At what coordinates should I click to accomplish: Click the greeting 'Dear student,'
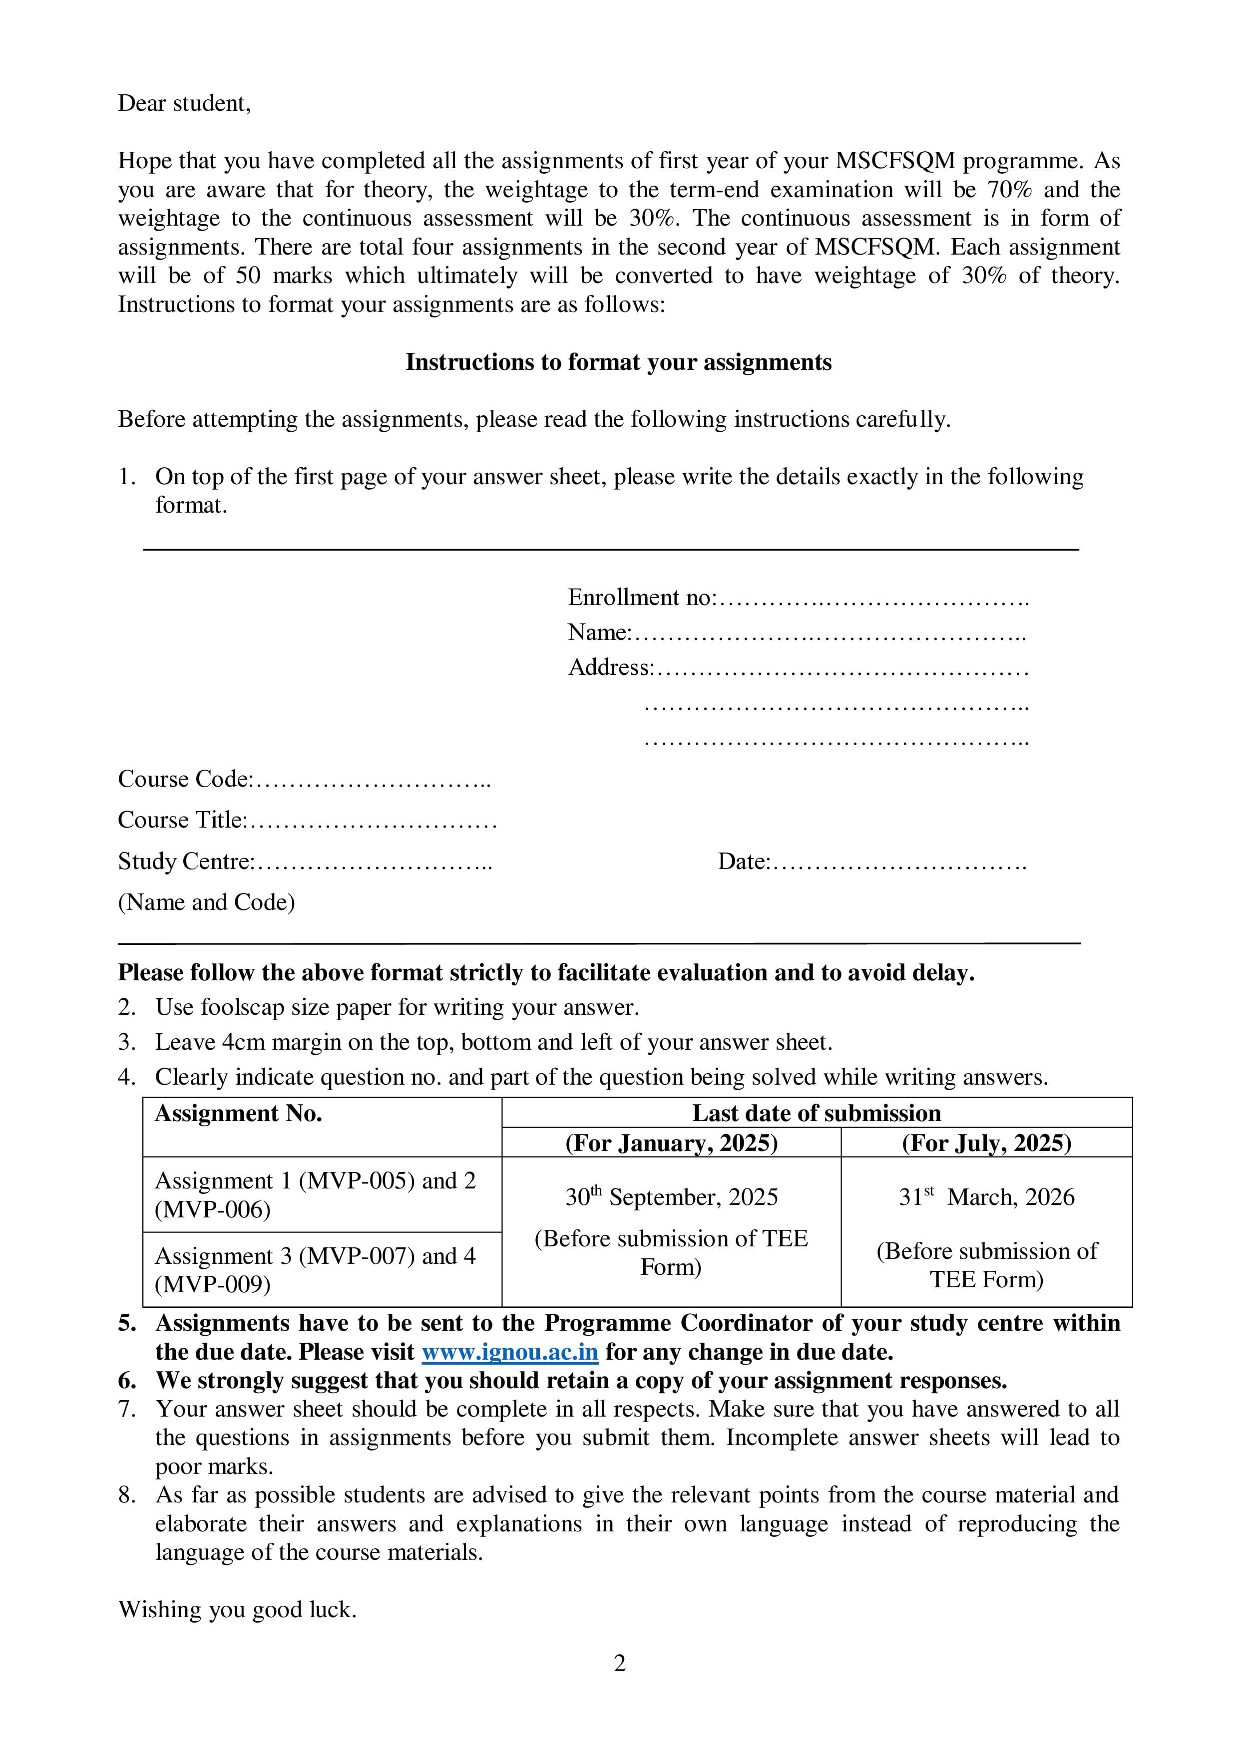click(x=184, y=104)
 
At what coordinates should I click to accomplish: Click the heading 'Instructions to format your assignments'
click(x=618, y=362)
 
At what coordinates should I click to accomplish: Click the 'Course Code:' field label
click(x=185, y=779)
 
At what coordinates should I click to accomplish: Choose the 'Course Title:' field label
click(x=182, y=821)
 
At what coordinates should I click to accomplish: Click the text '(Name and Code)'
click(x=206, y=903)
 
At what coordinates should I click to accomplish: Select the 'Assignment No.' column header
click(x=238, y=1114)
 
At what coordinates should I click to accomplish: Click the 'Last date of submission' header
click(x=817, y=1114)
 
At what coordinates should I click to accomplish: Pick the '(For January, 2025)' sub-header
click(x=671, y=1143)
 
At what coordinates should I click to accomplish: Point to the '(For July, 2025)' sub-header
click(x=986, y=1143)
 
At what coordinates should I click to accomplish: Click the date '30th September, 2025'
click(x=671, y=1197)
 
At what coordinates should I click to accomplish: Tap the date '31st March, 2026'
click(x=986, y=1197)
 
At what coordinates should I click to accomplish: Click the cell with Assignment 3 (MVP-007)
click(x=314, y=1270)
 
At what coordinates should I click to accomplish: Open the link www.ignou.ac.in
click(x=510, y=1352)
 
